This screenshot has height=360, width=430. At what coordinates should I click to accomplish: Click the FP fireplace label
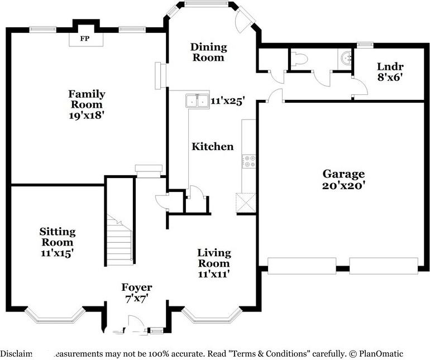[x=85, y=39]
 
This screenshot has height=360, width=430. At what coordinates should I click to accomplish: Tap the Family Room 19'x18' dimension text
[x=87, y=116]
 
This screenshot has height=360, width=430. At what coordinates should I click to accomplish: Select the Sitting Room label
[x=57, y=237]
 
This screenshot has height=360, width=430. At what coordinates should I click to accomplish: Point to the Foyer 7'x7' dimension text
[x=137, y=299]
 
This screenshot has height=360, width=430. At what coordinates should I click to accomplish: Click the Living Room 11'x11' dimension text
[x=214, y=274]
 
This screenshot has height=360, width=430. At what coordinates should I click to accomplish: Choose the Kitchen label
[x=213, y=147]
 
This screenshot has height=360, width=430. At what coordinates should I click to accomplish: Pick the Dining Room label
[x=208, y=52]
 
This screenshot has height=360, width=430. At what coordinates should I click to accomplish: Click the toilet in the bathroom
[x=300, y=58]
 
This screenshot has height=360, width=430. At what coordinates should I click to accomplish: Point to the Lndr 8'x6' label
[x=389, y=71]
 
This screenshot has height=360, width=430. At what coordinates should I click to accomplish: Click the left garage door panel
[x=302, y=266]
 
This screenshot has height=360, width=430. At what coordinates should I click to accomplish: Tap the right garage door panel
[x=384, y=266]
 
